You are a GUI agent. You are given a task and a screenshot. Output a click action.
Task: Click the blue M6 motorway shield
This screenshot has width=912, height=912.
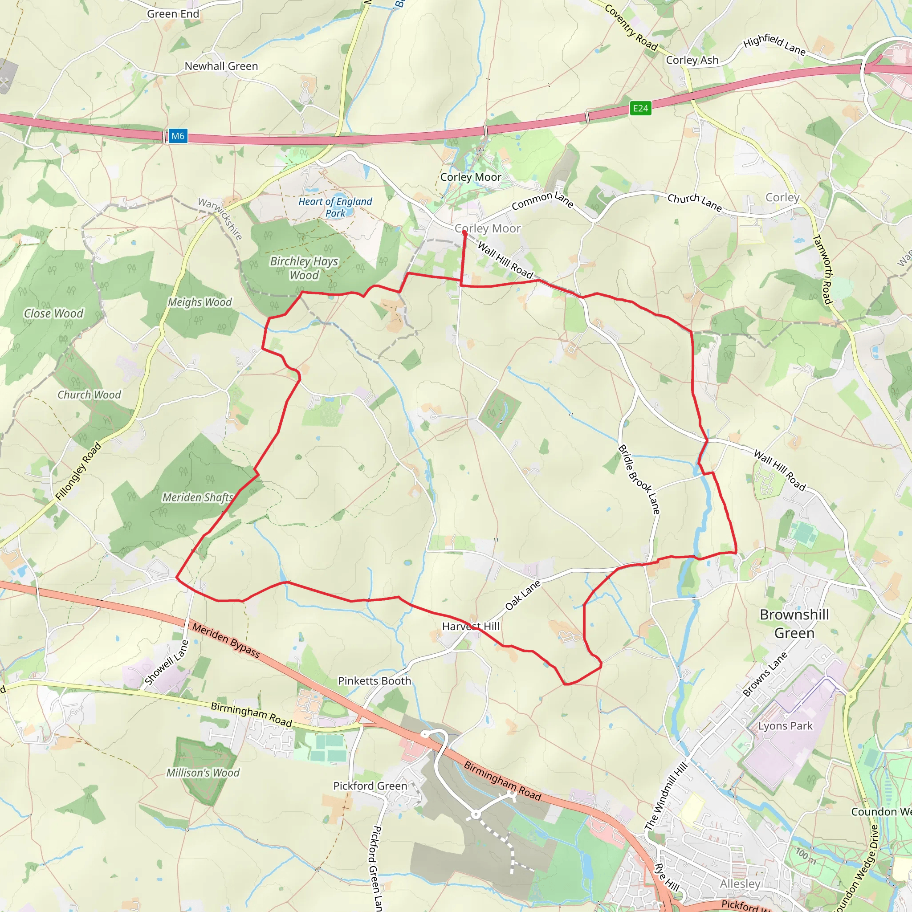coord(178,136)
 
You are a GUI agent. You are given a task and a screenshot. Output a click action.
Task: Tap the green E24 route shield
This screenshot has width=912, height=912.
coord(640,108)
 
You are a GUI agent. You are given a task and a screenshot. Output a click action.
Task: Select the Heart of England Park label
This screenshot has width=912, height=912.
coord(335,207)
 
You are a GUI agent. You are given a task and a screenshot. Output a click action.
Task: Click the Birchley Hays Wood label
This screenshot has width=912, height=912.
coord(304,268)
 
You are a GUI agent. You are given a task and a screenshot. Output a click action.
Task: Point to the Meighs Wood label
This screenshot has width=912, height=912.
coord(199,302)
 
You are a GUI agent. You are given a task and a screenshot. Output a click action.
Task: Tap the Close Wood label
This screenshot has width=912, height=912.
coord(54,313)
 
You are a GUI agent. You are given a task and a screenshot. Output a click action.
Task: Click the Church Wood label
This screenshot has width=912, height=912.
coord(89,395)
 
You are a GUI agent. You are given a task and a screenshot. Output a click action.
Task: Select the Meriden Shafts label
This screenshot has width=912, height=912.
coord(198,497)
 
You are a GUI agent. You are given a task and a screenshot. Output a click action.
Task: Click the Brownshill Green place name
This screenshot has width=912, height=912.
coord(794,623)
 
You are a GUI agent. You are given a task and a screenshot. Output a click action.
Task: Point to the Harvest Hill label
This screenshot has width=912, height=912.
coord(471,627)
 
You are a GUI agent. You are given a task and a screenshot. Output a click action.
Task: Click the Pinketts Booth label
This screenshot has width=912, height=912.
coord(375,681)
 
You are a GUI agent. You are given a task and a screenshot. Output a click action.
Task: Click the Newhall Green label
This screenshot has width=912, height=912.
coord(221,66)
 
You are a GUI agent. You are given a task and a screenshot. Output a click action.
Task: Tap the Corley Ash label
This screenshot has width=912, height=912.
coord(692,60)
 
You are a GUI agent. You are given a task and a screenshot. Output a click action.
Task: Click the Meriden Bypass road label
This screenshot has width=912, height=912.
coord(226,640)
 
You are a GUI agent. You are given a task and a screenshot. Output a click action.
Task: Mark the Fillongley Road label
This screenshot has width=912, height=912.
coord(78,471)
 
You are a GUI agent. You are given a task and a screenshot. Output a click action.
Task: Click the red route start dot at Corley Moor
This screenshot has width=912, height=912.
coord(464,232)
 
